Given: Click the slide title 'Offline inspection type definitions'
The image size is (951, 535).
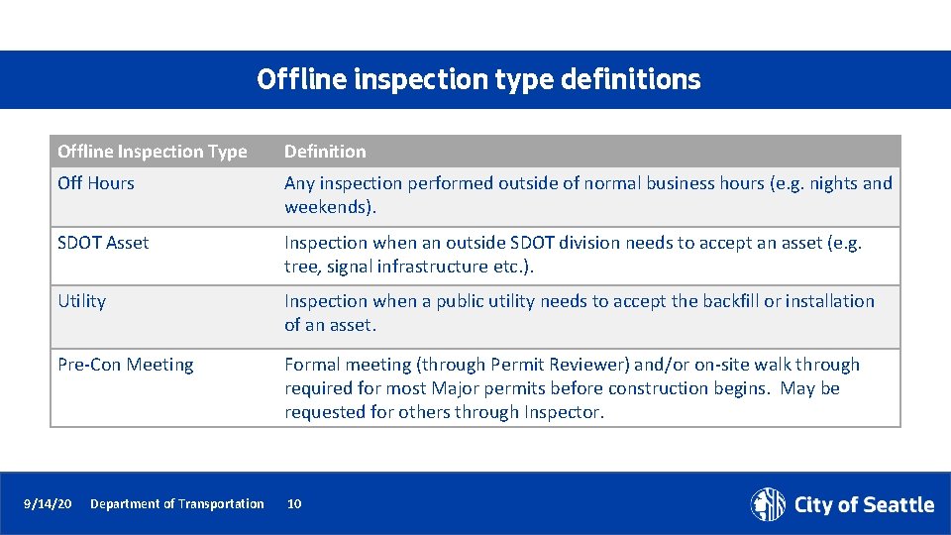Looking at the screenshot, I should (477, 79).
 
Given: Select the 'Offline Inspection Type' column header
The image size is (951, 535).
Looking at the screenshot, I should (152, 152).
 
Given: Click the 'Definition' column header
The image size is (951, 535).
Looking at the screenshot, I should (325, 152).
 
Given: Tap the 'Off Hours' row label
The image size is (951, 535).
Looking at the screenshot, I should (96, 183).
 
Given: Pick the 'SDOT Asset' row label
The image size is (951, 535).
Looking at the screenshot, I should (103, 243).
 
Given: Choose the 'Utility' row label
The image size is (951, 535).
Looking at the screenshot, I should (81, 301).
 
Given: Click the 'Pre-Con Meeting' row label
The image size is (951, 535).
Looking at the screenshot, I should (126, 365).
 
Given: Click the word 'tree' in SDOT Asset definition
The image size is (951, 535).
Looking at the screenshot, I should (299, 267).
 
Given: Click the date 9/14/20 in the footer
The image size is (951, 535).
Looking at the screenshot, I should (48, 504).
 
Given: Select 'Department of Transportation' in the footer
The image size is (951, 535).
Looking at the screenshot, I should (177, 504).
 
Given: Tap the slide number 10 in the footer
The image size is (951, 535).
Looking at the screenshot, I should (294, 504).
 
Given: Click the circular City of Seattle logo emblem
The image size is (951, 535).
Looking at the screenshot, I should (768, 504).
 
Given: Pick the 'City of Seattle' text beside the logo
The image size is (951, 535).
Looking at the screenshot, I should (864, 505).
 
